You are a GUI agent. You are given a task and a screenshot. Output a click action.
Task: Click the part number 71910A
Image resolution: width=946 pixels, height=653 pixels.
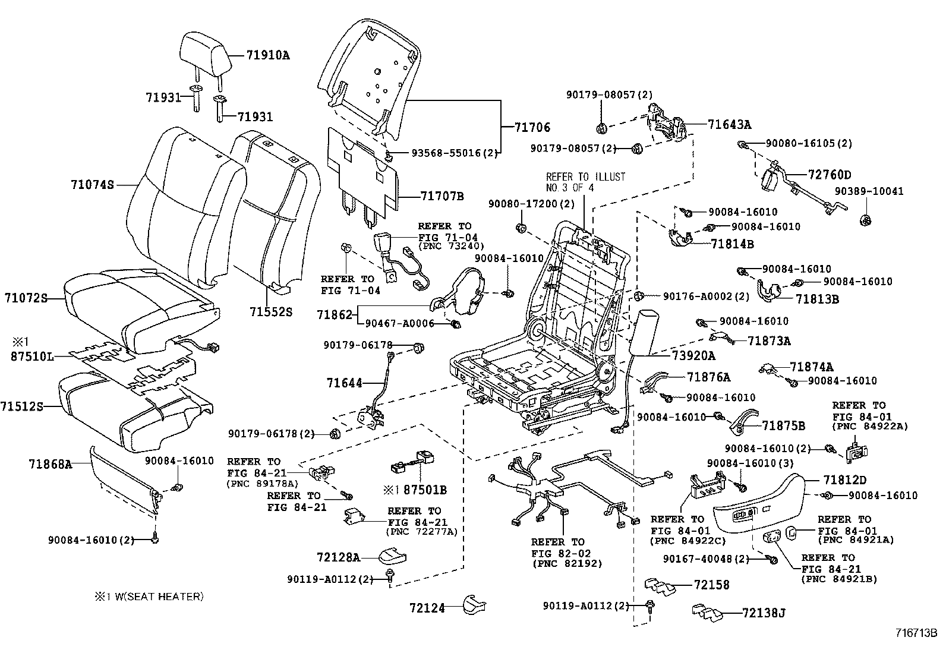coord(268,56)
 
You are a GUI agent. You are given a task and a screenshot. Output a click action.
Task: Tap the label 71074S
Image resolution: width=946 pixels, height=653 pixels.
coord(92,185)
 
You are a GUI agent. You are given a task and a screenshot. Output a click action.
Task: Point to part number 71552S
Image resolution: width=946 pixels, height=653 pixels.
coord(271,311)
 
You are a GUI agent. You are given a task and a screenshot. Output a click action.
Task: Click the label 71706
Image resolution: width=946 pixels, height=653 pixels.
coord(532,127)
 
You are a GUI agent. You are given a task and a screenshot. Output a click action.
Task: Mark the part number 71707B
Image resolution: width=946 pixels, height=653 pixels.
coord(442,196)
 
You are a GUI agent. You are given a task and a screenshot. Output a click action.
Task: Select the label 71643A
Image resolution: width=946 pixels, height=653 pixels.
coord(730,125)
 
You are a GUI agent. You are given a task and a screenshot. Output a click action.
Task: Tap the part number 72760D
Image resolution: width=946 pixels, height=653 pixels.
coord(830,175)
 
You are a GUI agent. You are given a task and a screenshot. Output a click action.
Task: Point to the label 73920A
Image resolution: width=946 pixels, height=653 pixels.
coord(693,356)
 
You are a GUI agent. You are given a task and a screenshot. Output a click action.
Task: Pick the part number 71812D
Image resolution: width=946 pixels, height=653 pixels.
coord(845,480)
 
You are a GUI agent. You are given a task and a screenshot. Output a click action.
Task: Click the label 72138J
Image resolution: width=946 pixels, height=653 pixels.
coord(764,613)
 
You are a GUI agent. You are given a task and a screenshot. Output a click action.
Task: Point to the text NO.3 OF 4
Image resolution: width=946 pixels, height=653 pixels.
coord(570,188)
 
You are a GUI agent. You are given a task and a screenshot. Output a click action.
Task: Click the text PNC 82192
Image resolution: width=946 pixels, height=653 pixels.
coord(558,563)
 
